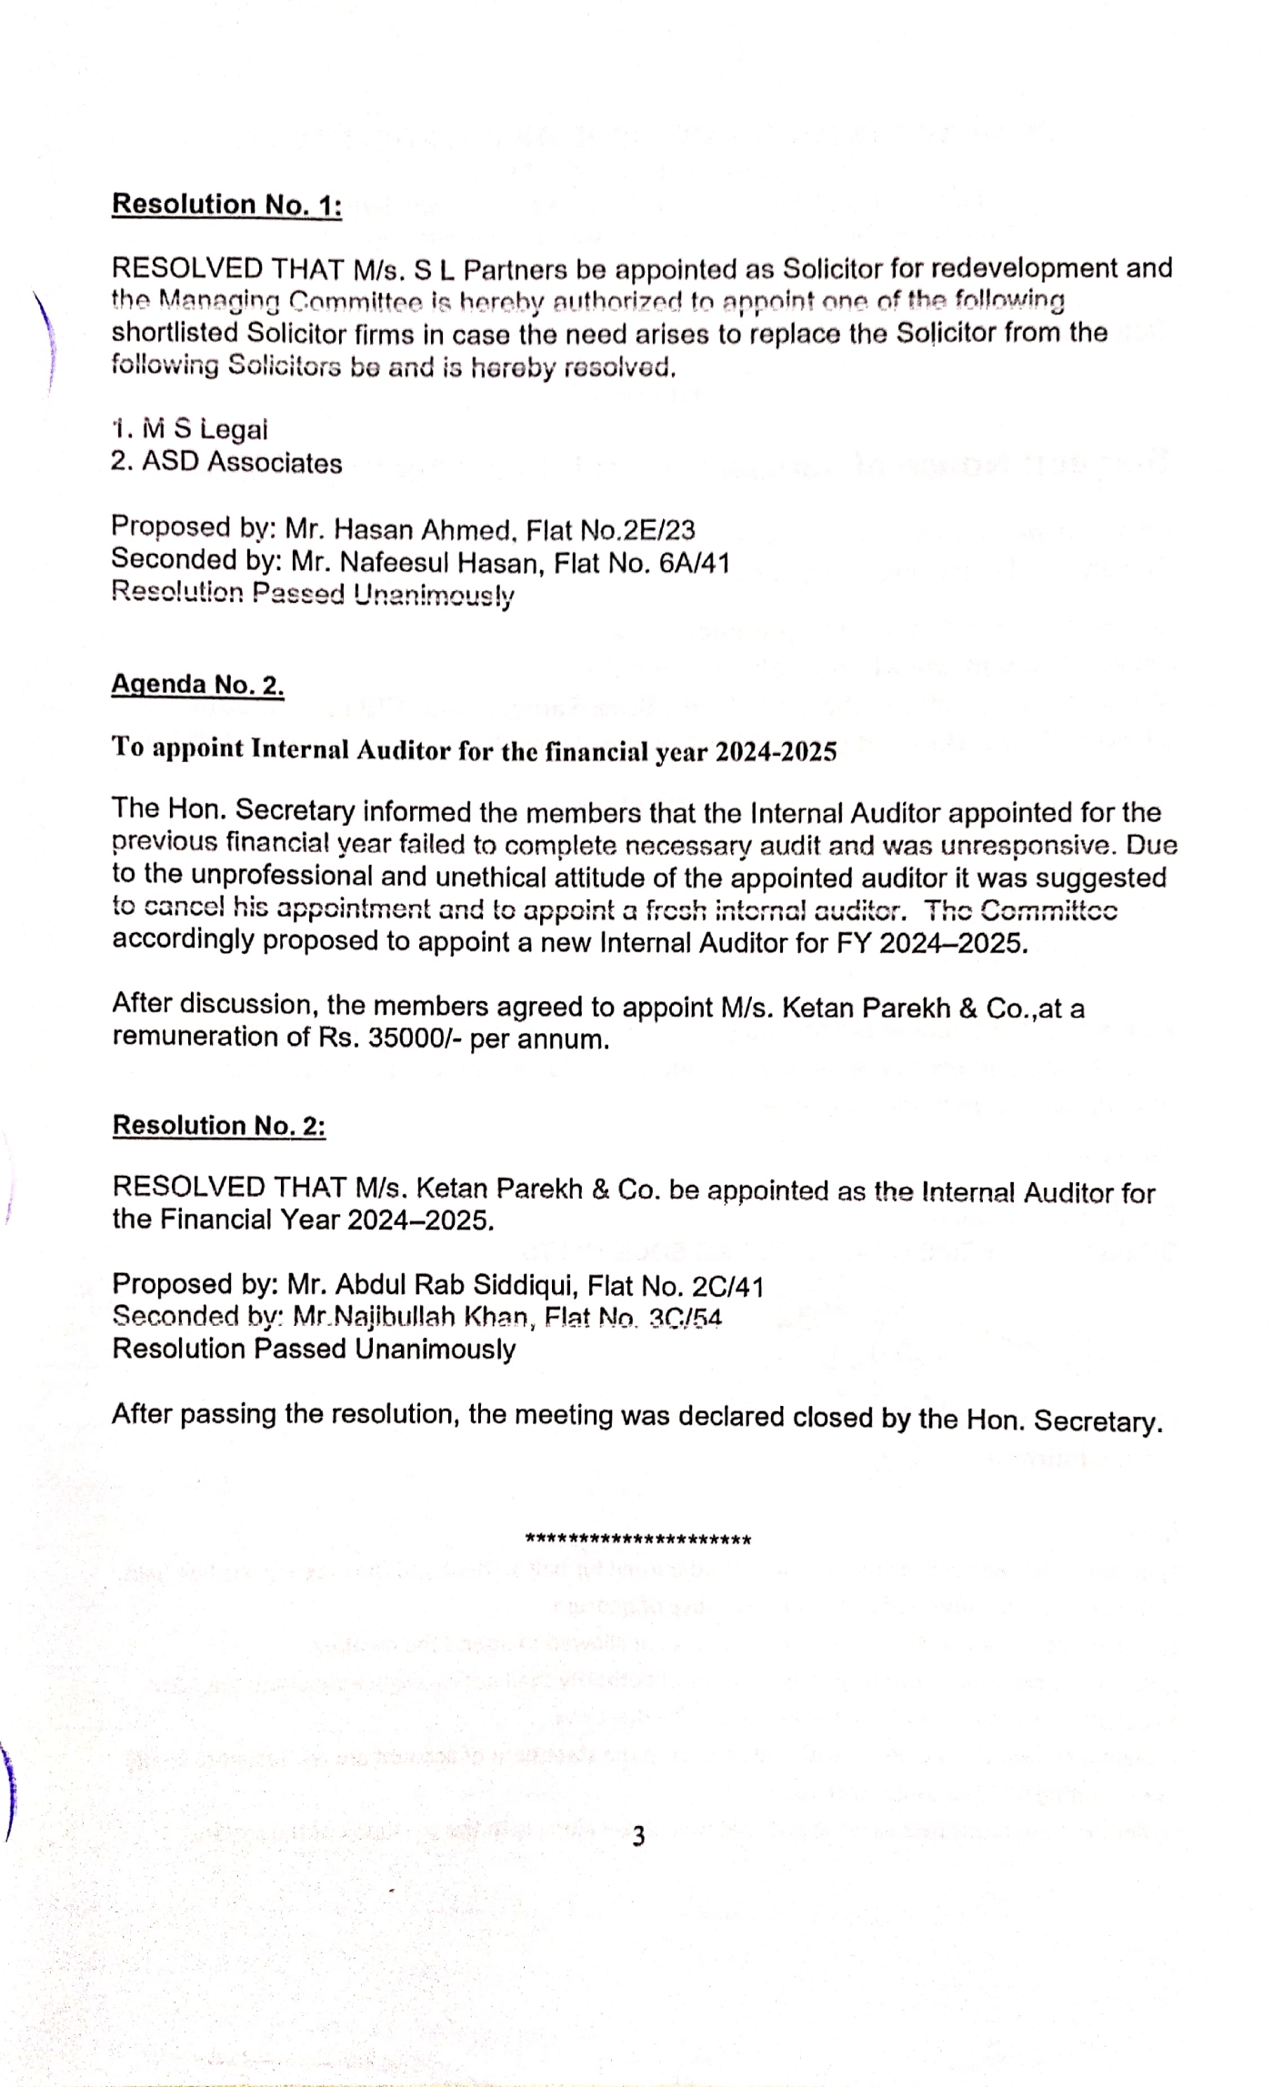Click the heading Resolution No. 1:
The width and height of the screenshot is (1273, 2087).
click(226, 205)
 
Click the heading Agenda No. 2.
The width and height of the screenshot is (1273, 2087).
click(197, 685)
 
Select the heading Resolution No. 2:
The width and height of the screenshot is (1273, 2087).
click(218, 1126)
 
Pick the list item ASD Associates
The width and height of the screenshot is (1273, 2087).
click(226, 463)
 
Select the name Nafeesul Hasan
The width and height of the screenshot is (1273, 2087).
click(438, 564)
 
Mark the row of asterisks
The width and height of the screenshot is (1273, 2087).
click(638, 1540)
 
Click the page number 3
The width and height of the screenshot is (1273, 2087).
click(638, 1837)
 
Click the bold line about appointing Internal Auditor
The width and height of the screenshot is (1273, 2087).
click(474, 750)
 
